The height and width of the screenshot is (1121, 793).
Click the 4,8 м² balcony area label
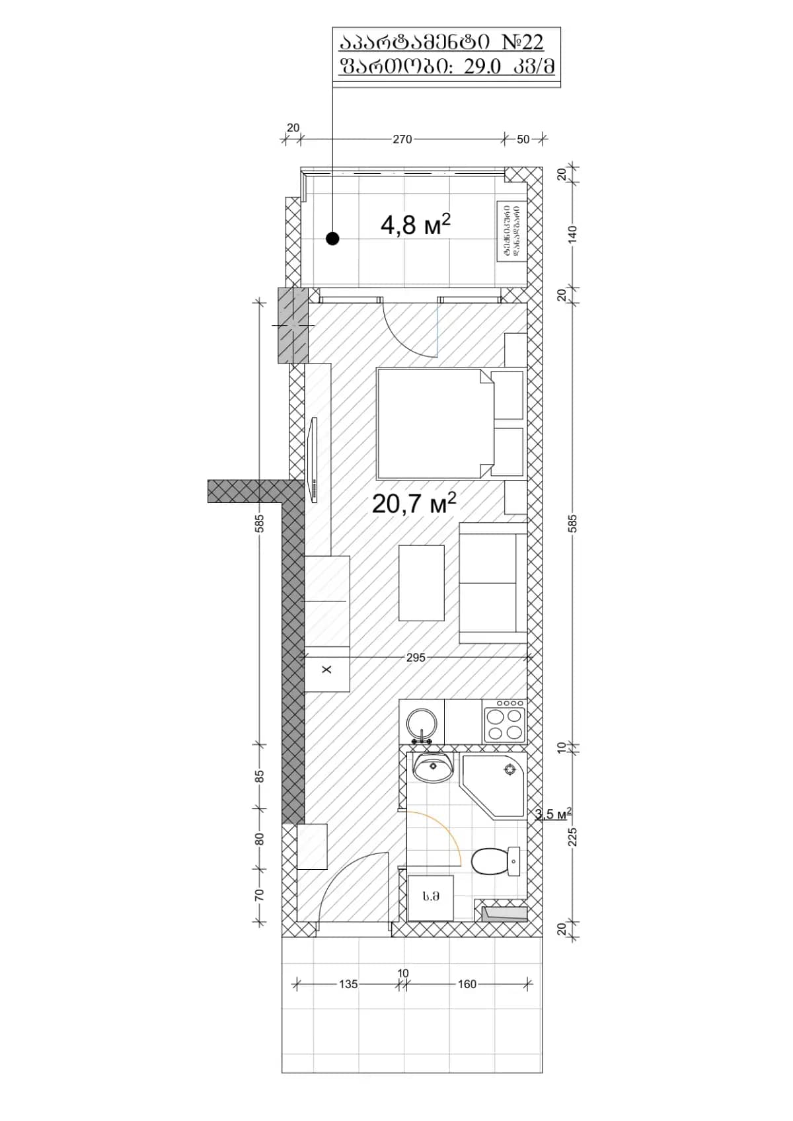pos(415,225)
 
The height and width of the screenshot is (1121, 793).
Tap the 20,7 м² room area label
pos(414,504)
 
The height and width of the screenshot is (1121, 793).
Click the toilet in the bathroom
pos(496,861)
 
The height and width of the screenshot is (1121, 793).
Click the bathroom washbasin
pos(433,767)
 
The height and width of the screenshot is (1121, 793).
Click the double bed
pos(434,424)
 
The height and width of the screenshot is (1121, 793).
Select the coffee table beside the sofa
pos(421,582)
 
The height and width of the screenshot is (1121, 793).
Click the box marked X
pos(326,670)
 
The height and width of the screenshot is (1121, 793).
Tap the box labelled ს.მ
pos(431,897)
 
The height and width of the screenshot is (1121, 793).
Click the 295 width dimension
pos(416,658)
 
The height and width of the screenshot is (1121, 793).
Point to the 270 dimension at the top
pos(402,139)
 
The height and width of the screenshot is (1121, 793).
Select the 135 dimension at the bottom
pos(348,984)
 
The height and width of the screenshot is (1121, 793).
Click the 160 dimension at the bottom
pos(467,984)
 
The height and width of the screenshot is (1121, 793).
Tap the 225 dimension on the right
pos(573,837)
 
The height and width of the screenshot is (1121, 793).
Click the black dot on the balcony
pos(332,239)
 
